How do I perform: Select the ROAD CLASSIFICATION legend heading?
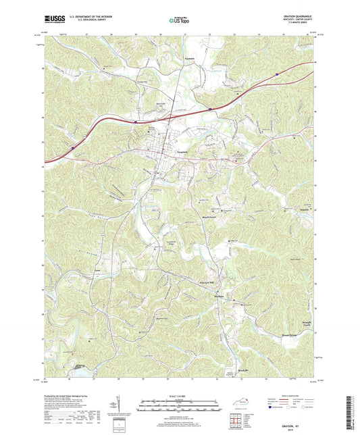290,392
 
